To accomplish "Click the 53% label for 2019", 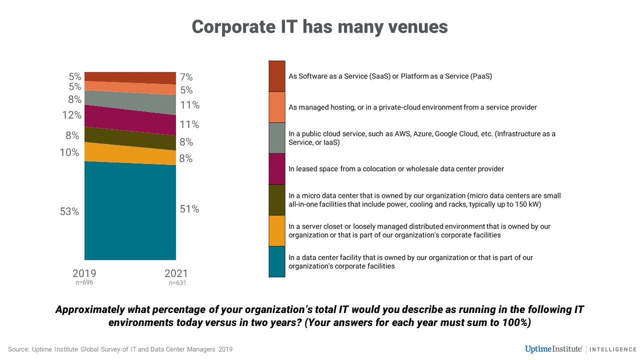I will point(69,211).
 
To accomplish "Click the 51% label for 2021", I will point(189,209).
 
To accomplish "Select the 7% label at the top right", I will point(186,77).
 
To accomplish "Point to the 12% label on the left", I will point(72,115).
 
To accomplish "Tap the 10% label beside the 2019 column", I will point(69,152).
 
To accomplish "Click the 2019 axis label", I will point(84,273).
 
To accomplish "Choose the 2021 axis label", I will point(176,273).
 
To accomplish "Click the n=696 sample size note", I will point(84,282).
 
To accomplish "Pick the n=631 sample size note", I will point(177,283).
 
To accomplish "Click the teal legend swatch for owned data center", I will point(277,261).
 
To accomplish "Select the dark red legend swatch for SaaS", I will point(277,76).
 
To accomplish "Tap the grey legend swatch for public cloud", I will point(277,137).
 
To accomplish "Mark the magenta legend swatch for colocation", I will point(277,168).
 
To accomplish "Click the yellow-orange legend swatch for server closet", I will point(277,230).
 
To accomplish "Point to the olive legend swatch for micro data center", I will point(277,199).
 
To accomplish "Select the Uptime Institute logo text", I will point(554,349).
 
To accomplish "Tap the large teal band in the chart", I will point(130,212).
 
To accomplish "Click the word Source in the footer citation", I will point(18,349).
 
